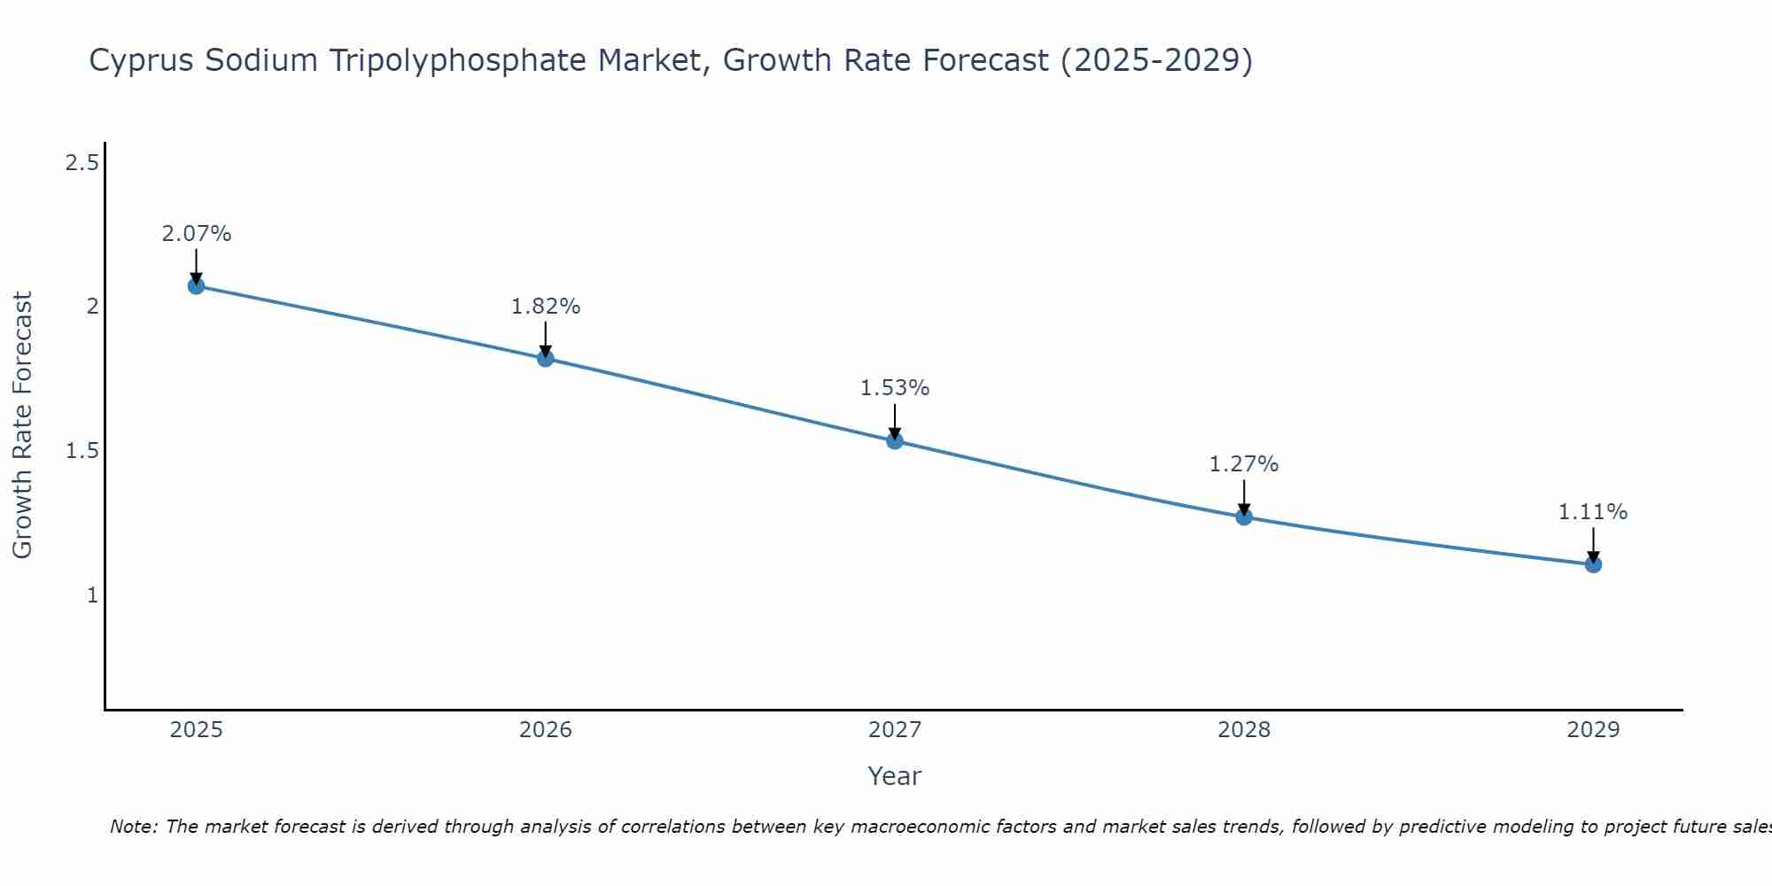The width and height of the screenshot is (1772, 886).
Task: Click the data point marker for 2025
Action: tap(196, 285)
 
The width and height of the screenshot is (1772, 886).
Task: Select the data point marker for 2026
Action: tap(545, 358)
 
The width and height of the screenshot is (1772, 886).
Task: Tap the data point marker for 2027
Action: tap(895, 440)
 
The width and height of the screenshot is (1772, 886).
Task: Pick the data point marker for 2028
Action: tap(1244, 517)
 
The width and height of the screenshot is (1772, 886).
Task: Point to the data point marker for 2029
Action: tap(1593, 563)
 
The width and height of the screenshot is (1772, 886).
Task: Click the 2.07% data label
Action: tap(196, 234)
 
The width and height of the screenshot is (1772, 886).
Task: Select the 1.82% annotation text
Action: tap(545, 307)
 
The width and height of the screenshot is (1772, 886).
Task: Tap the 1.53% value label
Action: tap(895, 388)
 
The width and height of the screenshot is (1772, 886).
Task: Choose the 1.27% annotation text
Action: tap(1244, 464)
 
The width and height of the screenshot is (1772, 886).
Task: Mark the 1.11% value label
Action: tap(1593, 512)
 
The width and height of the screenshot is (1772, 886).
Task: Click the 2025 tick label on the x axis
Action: tap(196, 730)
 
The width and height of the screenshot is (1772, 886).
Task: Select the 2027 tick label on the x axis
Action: tap(895, 730)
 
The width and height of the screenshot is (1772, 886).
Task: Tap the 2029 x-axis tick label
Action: tap(1593, 730)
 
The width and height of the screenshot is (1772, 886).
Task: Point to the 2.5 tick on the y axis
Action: tap(82, 163)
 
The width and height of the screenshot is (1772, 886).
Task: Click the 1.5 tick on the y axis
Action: tap(82, 451)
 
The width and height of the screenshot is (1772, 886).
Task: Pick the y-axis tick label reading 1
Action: tap(92, 595)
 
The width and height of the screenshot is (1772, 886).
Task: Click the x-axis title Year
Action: tap(895, 776)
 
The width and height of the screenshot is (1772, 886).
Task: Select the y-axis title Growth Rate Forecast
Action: tap(22, 425)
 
